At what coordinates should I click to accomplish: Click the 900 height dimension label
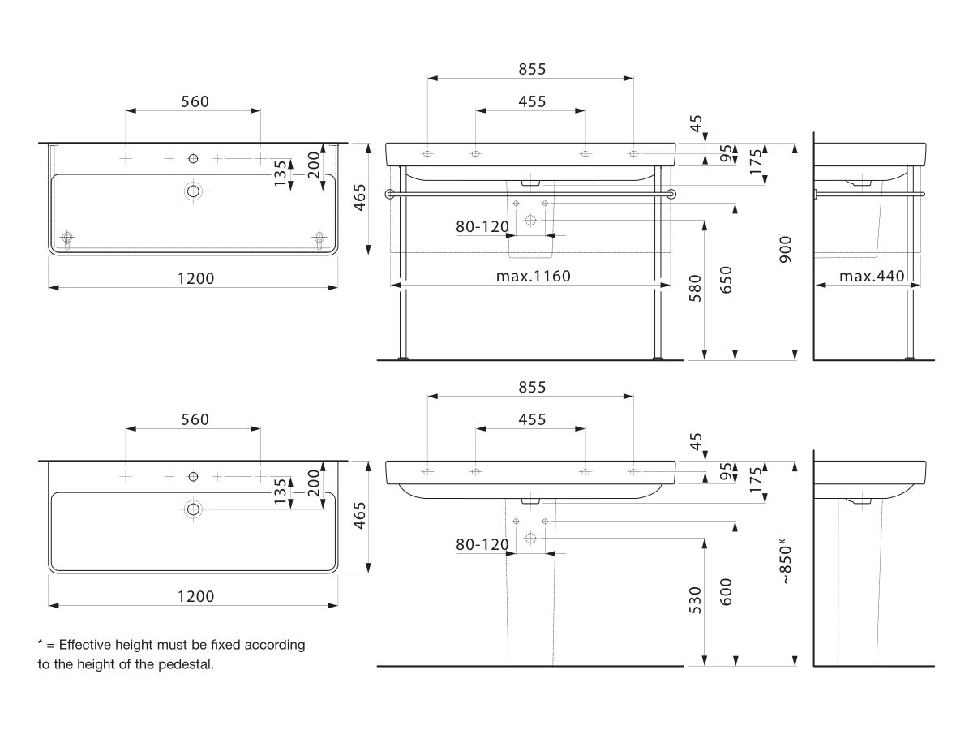[785, 250]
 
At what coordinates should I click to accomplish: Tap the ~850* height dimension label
[785, 561]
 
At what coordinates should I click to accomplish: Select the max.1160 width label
[534, 276]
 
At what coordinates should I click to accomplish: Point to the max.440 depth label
[872, 276]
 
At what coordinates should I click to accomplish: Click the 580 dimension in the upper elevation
[695, 289]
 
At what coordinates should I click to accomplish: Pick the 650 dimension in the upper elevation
[726, 280]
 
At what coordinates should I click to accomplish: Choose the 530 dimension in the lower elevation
[695, 600]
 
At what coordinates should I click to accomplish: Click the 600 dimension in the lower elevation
[726, 592]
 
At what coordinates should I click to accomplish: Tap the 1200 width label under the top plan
[195, 279]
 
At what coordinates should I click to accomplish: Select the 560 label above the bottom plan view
[195, 419]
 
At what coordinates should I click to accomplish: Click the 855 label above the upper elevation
[532, 69]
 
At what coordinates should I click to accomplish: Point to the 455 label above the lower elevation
[532, 419]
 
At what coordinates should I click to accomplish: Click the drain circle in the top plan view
[193, 191]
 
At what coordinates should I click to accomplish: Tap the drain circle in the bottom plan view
[193, 509]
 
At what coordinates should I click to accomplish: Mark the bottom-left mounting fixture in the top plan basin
[67, 238]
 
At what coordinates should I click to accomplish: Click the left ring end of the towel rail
[389, 194]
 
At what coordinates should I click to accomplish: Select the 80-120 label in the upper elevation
[482, 227]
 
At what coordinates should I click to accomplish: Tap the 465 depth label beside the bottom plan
[359, 516]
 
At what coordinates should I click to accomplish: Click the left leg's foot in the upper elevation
[402, 358]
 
